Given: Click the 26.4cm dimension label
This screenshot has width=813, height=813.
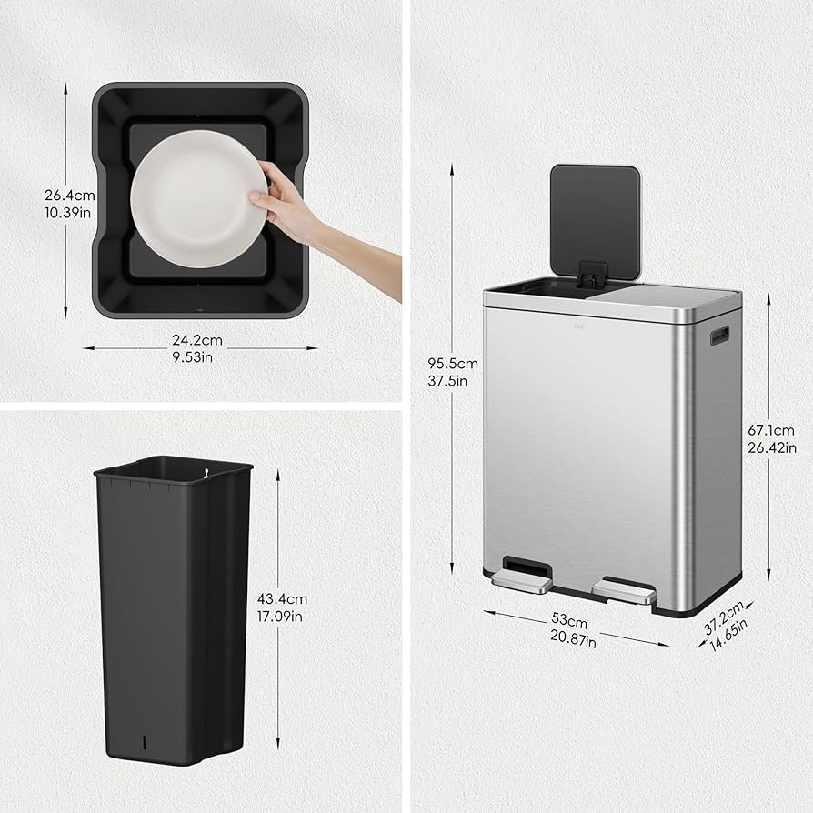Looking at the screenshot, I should pyautogui.click(x=70, y=195).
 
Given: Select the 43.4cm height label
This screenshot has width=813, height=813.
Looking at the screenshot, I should pyautogui.click(x=281, y=599).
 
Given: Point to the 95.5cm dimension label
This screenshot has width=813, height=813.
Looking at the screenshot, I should pyautogui.click(x=452, y=364).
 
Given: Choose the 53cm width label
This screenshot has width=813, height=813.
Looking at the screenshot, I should pyautogui.click(x=570, y=620).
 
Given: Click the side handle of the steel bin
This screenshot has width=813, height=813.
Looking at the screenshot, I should pyautogui.click(x=720, y=336).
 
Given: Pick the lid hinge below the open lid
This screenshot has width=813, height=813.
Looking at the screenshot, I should pyautogui.click(x=592, y=272).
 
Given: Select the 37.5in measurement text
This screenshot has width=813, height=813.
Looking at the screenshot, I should pyautogui.click(x=452, y=381).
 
